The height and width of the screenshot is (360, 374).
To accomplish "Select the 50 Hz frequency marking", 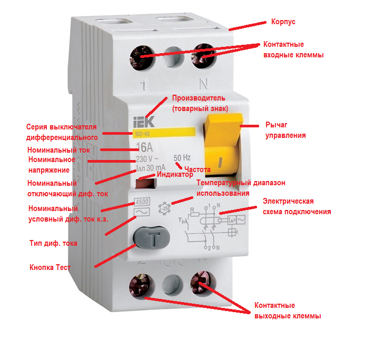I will click(x=182, y=157).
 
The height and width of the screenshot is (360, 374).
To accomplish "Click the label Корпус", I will click(x=283, y=22).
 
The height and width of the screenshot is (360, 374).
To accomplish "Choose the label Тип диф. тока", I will click(x=53, y=243).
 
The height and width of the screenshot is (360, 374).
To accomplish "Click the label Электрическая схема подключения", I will click(x=297, y=207).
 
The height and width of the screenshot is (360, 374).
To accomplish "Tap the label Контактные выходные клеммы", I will click(x=288, y=311).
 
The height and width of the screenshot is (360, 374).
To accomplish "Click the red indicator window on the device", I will click(x=145, y=183).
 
